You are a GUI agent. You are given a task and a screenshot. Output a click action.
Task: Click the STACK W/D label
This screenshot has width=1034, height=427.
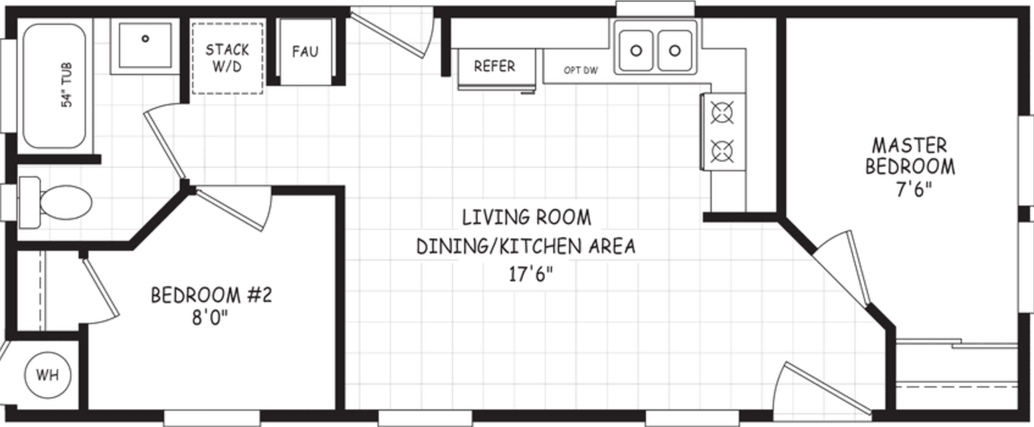coord(227,58)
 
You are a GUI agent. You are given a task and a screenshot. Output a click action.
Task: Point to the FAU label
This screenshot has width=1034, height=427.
coord(305,51)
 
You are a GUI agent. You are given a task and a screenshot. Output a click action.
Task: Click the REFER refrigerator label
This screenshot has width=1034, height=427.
coord(494,67)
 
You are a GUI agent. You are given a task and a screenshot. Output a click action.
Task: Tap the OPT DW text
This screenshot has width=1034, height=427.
coord(581,70)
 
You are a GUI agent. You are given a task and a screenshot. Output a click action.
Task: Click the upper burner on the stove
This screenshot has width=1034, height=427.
coord(722,112)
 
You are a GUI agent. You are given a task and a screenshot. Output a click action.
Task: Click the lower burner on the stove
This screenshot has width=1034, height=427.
coord(722,151)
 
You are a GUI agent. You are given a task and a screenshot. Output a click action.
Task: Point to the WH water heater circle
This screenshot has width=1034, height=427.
coord(47,375)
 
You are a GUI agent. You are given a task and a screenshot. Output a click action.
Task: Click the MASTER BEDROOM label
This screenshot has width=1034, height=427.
coord(910,156)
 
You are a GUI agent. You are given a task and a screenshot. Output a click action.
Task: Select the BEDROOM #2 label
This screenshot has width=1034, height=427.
coord(211,295)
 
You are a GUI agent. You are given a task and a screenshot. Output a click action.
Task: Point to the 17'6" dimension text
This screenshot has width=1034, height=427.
coord(526,275)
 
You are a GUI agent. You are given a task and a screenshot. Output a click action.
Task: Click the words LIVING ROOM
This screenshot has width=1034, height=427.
coord(526,217)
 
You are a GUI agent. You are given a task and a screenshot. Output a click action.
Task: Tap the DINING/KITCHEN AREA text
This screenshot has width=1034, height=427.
coord(526,247)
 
